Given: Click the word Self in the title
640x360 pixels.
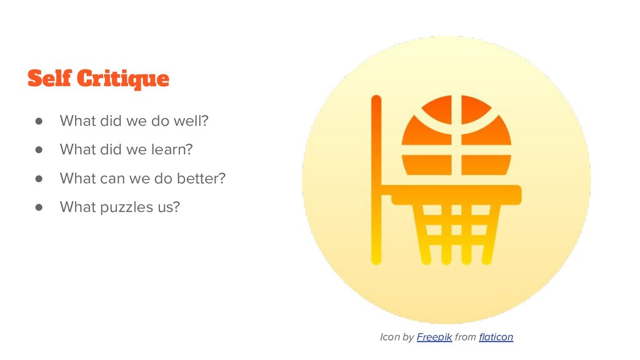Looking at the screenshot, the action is pyautogui.click(x=49, y=78).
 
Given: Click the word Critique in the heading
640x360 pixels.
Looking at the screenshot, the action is pyautogui.click(x=123, y=79).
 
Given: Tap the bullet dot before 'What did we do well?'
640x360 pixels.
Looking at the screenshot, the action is pyautogui.click(x=39, y=121).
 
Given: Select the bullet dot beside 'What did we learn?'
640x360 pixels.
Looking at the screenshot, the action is pyautogui.click(x=39, y=149).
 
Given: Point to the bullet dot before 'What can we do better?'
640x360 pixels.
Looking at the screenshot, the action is pyautogui.click(x=39, y=178).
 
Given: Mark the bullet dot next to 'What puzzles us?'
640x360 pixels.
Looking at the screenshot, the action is pyautogui.click(x=39, y=207).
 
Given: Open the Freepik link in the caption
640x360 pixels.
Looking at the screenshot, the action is pyautogui.click(x=434, y=337).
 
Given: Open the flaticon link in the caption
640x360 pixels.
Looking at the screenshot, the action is pyautogui.click(x=496, y=337).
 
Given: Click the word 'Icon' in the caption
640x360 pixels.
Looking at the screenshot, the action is pyautogui.click(x=389, y=337).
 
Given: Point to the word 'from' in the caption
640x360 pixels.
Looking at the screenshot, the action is pyautogui.click(x=465, y=337).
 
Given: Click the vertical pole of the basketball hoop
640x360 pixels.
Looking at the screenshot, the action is pyautogui.click(x=376, y=179).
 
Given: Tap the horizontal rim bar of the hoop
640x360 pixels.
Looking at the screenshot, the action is pyautogui.click(x=456, y=195).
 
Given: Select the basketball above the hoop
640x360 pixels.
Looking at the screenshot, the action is pyautogui.click(x=456, y=135).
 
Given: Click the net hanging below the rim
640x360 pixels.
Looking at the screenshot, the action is pyautogui.click(x=456, y=234).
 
